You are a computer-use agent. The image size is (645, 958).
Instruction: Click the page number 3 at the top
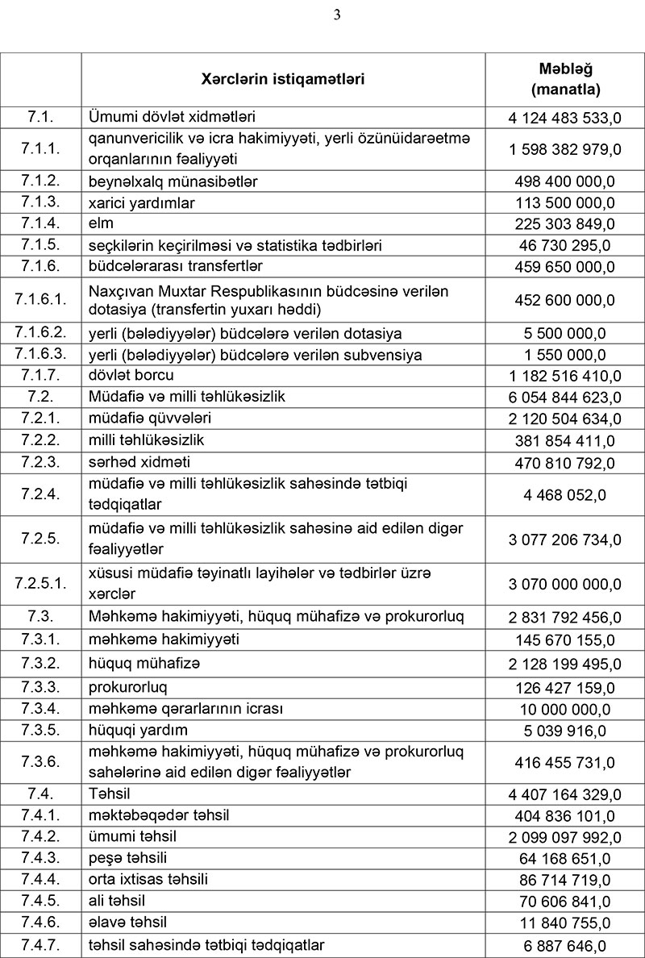[337, 14]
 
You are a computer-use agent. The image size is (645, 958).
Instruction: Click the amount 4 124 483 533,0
[564, 118]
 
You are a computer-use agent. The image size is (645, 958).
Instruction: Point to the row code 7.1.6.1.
[40, 300]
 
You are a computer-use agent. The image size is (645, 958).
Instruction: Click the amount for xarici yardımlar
[564, 202]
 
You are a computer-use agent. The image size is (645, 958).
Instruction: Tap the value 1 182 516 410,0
[564, 376]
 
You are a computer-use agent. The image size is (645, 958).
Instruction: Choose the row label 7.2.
[40, 397]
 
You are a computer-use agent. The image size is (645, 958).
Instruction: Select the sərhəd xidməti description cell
[139, 462]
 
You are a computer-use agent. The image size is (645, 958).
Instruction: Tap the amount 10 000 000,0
[564, 710]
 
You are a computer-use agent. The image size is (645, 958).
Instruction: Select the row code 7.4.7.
[40, 945]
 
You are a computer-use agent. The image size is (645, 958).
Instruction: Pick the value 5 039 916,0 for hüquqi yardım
[564, 731]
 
